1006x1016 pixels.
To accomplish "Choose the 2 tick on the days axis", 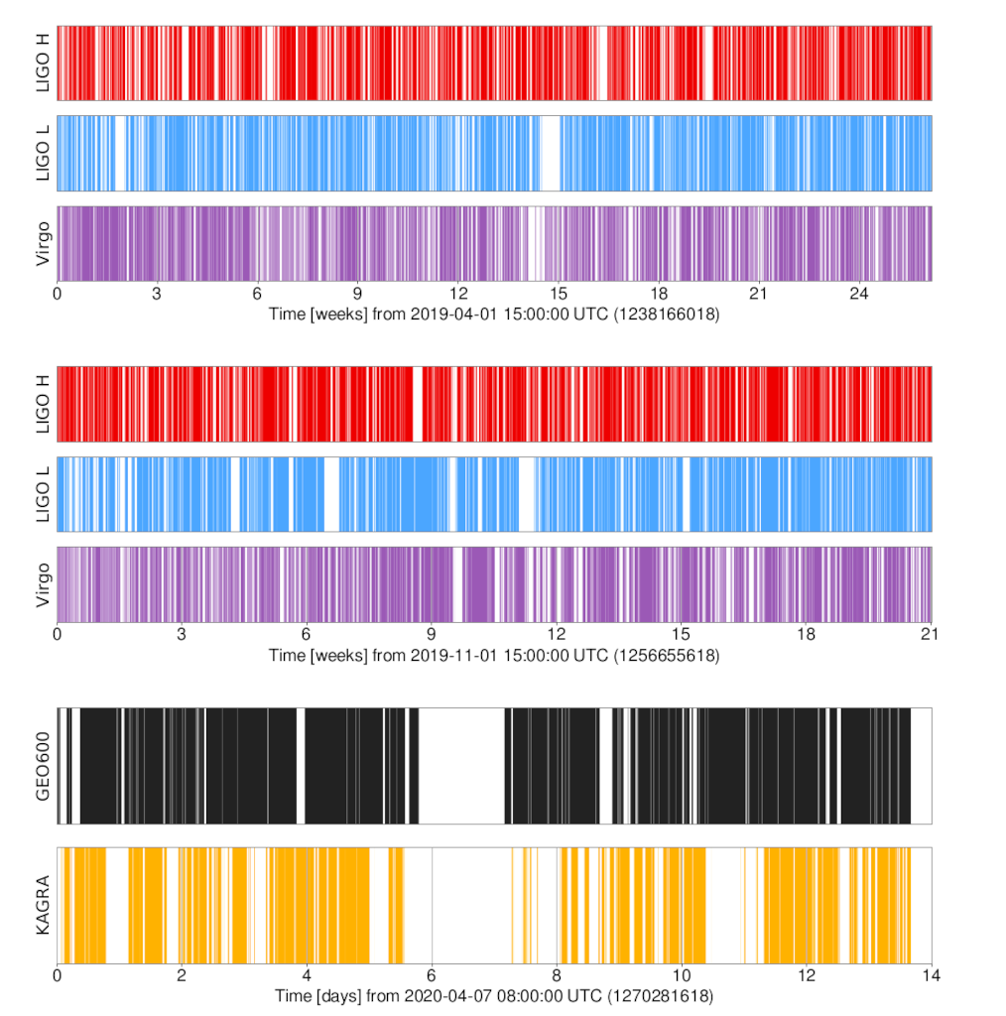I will [x=183, y=975].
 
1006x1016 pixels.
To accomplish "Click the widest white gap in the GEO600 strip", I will [x=462, y=766].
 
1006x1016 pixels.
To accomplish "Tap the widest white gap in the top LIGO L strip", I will [x=550, y=154].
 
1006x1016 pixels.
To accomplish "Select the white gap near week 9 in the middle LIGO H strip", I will [x=418, y=404].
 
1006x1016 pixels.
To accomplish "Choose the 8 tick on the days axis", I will [x=557, y=975].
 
